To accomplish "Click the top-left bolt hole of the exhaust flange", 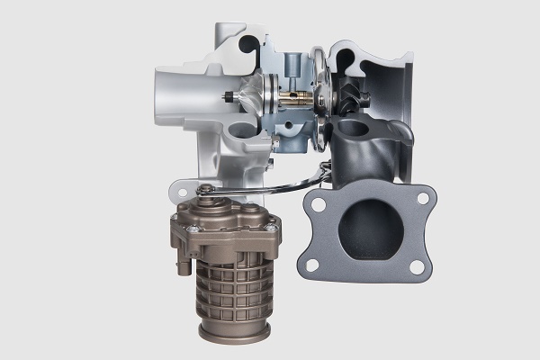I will click(316, 204).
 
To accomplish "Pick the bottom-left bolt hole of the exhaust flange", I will click(311, 265).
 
